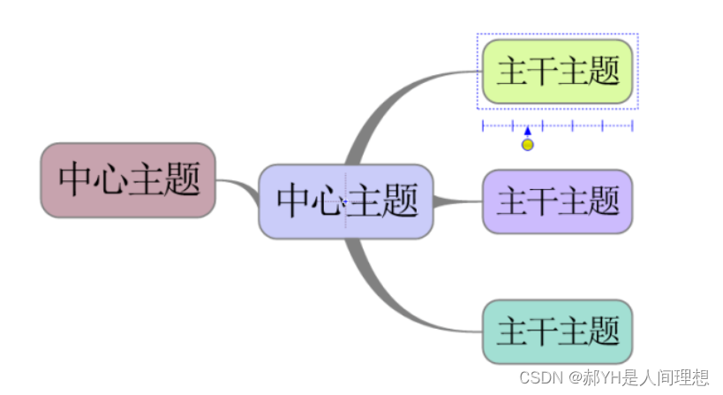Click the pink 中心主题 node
click(128, 180)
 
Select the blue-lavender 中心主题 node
click(346, 201)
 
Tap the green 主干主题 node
click(558, 72)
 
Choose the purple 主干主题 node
click(558, 201)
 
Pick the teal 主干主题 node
click(558, 331)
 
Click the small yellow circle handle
click(527, 145)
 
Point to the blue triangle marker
click(527, 131)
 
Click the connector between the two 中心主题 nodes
click(237, 187)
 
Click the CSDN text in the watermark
click(541, 378)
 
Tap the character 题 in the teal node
click(605, 331)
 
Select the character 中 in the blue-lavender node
click(293, 201)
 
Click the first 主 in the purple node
click(511, 201)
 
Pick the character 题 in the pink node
click(185, 180)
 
